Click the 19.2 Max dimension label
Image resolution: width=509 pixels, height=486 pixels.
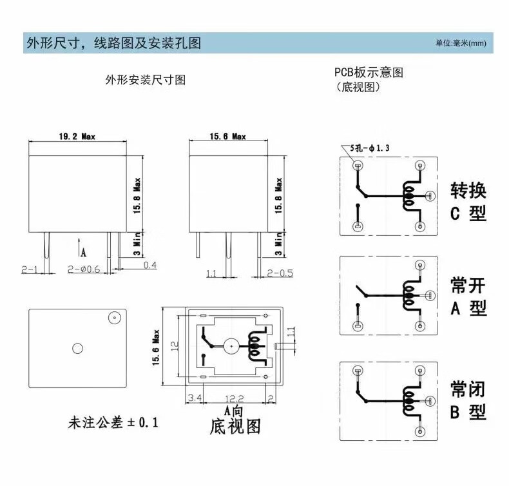77,136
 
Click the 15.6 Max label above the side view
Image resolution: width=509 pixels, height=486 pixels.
227,136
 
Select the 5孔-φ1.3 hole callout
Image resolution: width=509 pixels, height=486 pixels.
370,148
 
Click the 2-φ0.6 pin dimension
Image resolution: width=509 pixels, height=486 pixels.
84,268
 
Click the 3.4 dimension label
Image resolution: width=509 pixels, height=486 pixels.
195,398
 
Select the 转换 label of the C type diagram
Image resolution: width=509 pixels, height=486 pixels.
468,190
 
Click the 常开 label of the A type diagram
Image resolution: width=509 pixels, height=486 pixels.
468,286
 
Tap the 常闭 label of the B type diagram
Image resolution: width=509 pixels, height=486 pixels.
468,389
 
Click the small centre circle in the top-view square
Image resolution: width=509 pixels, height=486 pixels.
78,349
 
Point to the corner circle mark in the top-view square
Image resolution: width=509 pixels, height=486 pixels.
115,318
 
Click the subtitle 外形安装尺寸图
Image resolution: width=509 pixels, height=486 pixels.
146,81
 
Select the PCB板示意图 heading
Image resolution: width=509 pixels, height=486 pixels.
369,72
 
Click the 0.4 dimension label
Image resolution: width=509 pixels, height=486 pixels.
149,265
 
